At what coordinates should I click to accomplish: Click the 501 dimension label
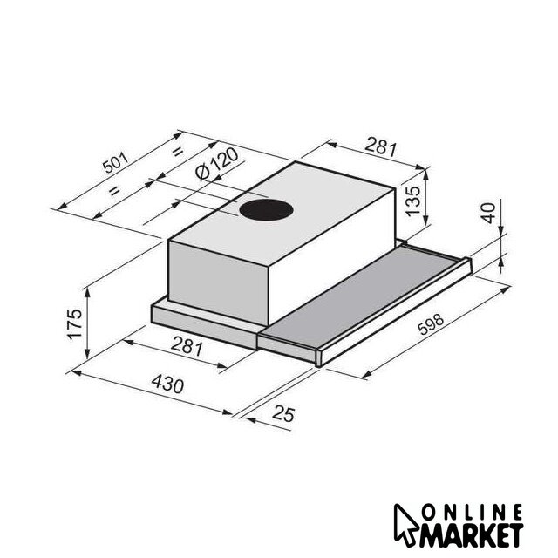(116, 162)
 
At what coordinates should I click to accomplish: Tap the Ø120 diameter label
(217, 164)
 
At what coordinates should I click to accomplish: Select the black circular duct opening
(266, 210)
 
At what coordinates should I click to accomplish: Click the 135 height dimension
(413, 201)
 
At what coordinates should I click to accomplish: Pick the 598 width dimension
(431, 324)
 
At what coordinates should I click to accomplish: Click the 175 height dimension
(75, 323)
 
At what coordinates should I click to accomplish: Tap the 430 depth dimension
(167, 384)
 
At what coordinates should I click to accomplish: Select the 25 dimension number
(283, 414)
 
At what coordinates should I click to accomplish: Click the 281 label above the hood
(380, 146)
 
